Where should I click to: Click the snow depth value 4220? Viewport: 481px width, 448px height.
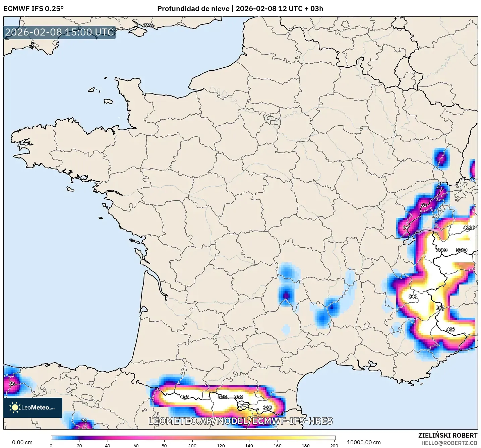(469, 228)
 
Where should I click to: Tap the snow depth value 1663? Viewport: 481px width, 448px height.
(441, 250)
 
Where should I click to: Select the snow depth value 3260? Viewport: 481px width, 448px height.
(461, 250)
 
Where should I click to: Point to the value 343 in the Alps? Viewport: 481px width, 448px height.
(413, 297)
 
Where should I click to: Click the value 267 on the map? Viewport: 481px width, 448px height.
(440, 308)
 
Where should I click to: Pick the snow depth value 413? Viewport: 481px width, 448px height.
(450, 330)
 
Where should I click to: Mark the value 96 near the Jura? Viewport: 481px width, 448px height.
(406, 228)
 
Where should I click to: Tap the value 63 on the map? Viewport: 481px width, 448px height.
(424, 205)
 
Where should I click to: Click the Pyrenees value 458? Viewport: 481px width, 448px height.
(185, 397)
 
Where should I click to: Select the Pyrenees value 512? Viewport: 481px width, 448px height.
(223, 397)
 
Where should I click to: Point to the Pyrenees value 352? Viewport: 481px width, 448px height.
(239, 397)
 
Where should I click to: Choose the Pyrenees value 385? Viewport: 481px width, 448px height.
(267, 408)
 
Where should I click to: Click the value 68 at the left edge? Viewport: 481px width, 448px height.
(12, 384)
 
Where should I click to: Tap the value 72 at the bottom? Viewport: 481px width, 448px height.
(84, 421)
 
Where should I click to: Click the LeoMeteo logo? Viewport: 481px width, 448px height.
(33, 408)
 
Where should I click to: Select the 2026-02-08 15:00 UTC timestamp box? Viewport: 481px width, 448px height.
(60, 32)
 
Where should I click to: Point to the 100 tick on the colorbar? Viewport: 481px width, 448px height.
(192, 446)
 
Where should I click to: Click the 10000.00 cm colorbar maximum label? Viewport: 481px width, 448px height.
(364, 442)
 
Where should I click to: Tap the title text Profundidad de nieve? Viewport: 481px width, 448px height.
(193, 9)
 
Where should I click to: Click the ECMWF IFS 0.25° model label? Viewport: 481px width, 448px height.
(34, 9)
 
